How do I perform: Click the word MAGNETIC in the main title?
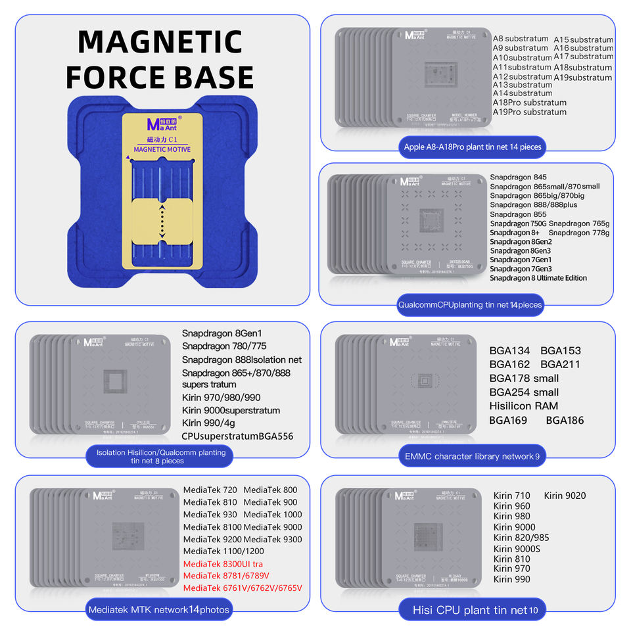click(160, 42)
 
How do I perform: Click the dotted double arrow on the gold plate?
click(162, 224)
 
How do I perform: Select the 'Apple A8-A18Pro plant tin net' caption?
click(473, 147)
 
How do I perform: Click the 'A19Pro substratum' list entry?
click(529, 112)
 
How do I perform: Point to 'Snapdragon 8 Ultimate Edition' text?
click(538, 277)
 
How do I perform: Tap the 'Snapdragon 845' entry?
click(518, 177)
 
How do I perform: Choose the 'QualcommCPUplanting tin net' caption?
click(469, 304)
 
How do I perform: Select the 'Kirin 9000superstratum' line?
click(231, 410)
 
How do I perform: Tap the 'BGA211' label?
click(560, 364)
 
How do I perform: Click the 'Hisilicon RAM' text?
click(524, 406)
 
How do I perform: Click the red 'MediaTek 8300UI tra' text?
click(223, 563)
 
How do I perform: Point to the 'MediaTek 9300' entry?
click(272, 539)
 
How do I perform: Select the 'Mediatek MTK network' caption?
click(158, 609)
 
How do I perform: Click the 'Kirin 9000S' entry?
click(517, 548)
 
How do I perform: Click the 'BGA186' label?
click(565, 420)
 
